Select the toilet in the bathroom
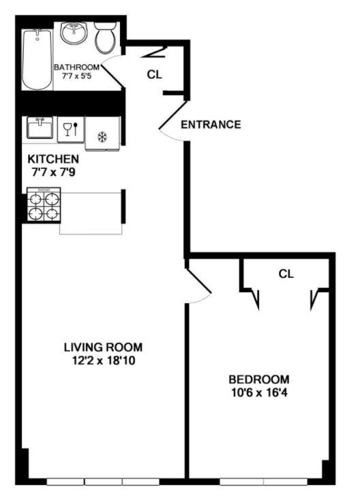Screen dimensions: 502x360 105,38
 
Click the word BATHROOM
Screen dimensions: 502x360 77,67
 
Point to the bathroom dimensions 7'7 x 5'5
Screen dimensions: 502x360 78,77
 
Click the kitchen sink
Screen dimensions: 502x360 40,128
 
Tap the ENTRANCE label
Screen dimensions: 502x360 211,125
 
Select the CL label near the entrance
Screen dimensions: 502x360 155,74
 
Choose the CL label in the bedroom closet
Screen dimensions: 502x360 286,274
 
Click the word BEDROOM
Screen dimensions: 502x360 258,379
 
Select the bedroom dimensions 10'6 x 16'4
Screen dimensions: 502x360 258,393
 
